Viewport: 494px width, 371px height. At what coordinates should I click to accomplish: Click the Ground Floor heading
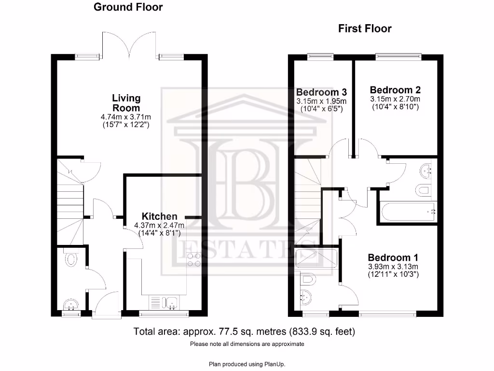[x=128, y=7]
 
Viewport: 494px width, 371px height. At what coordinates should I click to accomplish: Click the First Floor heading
[x=364, y=29]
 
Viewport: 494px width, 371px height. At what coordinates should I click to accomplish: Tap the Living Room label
[x=126, y=103]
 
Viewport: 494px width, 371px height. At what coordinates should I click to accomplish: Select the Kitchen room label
[x=159, y=216]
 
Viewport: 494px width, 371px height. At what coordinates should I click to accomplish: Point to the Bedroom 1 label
[x=393, y=257]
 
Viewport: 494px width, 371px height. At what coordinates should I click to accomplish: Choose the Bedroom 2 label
[x=395, y=90]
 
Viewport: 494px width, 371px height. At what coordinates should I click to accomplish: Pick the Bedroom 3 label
[x=321, y=92]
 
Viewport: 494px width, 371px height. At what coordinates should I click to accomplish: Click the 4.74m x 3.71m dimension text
[x=126, y=117]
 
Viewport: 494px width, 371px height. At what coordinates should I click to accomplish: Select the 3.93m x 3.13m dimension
[x=393, y=266]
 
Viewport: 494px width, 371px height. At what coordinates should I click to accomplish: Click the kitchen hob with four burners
[x=193, y=259]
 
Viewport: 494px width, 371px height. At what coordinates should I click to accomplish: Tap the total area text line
[x=244, y=332]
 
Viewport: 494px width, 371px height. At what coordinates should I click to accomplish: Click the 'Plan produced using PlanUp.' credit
[x=247, y=364]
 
